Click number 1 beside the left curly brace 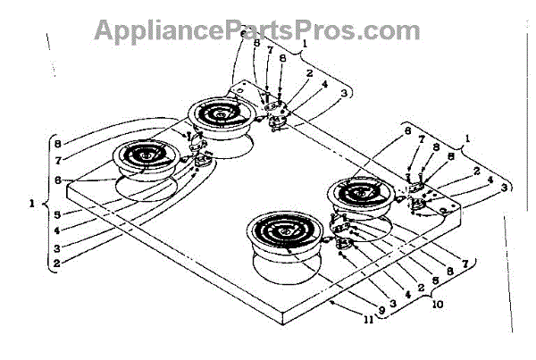coord(33,204)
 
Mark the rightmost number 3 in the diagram coord(506,187)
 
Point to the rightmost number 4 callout coord(490,180)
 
